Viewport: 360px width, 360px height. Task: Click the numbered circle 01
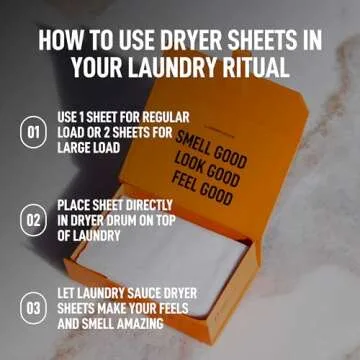point(33,132)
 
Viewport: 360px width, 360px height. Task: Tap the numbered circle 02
point(33,219)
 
